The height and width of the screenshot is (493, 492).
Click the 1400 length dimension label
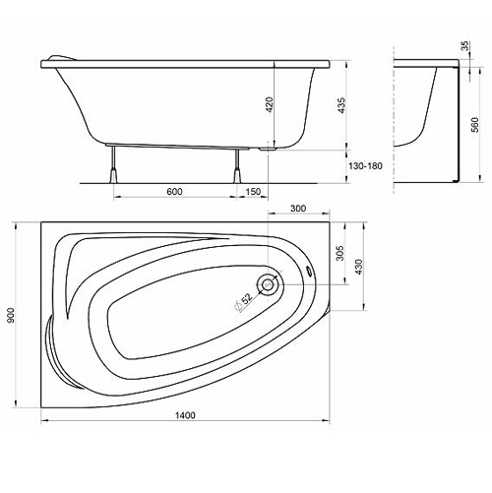[185, 415]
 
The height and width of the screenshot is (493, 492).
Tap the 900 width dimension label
[11, 315]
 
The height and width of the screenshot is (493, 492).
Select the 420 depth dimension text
[270, 104]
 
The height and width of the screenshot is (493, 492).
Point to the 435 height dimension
[341, 105]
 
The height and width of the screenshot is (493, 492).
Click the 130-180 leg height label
[365, 166]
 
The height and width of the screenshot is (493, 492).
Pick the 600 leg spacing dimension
[174, 191]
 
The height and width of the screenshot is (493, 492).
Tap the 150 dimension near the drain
[253, 191]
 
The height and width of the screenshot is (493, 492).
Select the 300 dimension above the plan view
[298, 208]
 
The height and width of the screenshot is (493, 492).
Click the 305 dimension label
[340, 253]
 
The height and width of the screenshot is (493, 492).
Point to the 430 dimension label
[359, 267]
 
